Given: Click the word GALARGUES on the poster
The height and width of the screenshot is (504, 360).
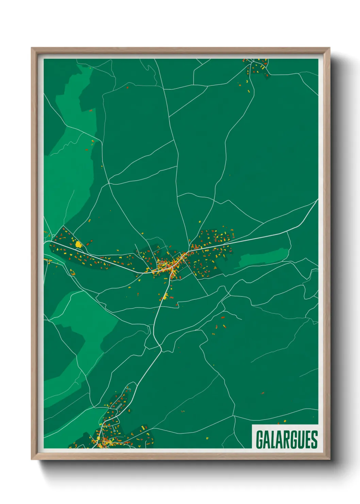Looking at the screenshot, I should point(287,439).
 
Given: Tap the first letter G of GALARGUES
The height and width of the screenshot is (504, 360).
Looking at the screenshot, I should point(260,439).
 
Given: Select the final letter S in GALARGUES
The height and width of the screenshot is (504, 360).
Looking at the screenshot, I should point(314,439).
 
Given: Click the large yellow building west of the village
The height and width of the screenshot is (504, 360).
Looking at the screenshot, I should point(78,244).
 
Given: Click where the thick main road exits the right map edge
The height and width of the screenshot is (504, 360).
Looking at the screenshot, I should point(317,200).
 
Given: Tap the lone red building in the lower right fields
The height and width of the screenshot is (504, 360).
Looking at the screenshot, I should point(262,393).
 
